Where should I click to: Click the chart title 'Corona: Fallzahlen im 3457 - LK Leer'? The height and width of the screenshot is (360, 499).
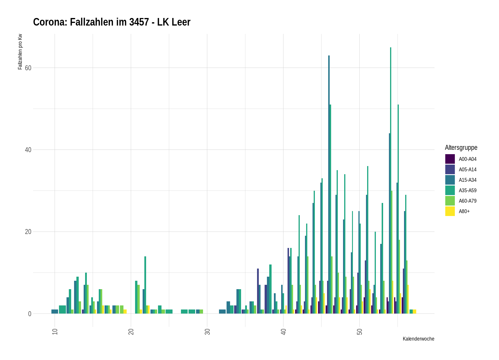pos(112,22)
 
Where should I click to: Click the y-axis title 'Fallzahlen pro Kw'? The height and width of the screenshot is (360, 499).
pos(20,52)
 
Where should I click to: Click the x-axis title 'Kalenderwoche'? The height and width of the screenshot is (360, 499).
pos(418,339)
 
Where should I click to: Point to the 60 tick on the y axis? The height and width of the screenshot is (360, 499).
pos(28,68)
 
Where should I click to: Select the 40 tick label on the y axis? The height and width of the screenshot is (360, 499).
pos(28,150)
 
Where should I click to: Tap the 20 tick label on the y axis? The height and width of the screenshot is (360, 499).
pos(28,232)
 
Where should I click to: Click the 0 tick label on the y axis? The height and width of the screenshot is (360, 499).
pos(30,314)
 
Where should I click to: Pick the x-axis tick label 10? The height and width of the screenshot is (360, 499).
pos(55,332)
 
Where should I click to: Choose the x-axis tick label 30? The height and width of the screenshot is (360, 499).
pos(207,332)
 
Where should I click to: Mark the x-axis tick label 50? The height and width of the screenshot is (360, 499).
pos(360,332)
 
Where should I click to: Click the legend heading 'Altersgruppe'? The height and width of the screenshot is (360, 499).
pos(461,147)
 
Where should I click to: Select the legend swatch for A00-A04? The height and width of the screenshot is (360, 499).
pos(450,159)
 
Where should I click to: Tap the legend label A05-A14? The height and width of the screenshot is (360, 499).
pos(468,170)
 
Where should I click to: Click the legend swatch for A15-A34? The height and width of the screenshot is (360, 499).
pos(450,180)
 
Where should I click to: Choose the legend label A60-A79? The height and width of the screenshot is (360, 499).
pos(468,201)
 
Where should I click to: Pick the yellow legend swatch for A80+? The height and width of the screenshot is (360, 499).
pos(450,211)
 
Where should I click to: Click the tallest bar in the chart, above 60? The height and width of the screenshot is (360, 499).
pos(391,180)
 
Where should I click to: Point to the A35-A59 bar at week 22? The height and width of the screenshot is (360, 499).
pos(145,285)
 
